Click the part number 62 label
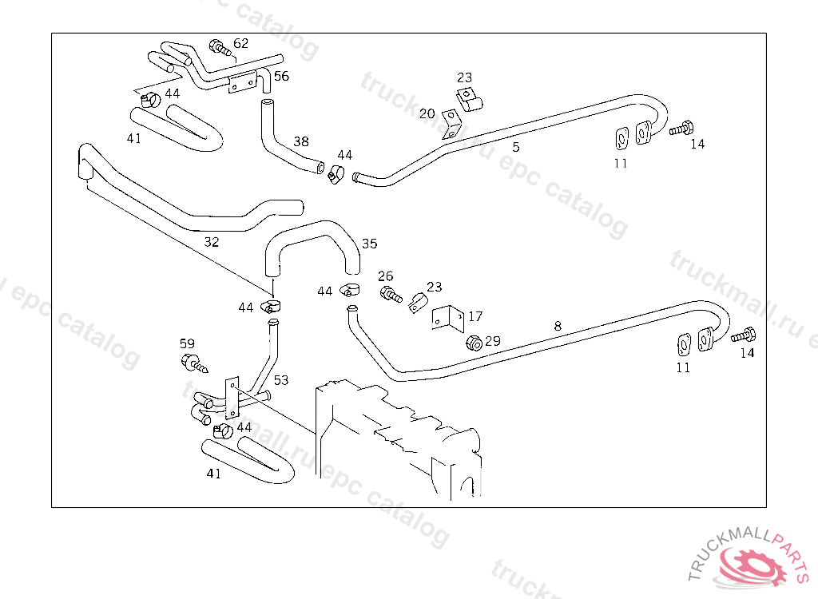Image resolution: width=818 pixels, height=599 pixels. pos(240,43)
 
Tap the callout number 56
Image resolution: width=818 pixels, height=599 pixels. pos(281,77)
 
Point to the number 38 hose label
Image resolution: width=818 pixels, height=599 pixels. pos(300,141)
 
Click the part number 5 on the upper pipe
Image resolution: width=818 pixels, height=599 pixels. pos(516,147)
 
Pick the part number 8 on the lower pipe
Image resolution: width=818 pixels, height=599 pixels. pos(558,325)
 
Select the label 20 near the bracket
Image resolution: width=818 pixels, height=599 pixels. pos(427,113)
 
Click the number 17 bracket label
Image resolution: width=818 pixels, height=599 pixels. pos(475,316)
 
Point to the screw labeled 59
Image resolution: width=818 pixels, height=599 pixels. pos(193,364)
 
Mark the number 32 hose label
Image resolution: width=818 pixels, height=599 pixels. pos(211,241)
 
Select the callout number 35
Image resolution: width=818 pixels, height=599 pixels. pos(369,244)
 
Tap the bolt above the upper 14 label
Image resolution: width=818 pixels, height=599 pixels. pos(681,128)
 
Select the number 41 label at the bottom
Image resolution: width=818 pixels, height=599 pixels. pos(213,473)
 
